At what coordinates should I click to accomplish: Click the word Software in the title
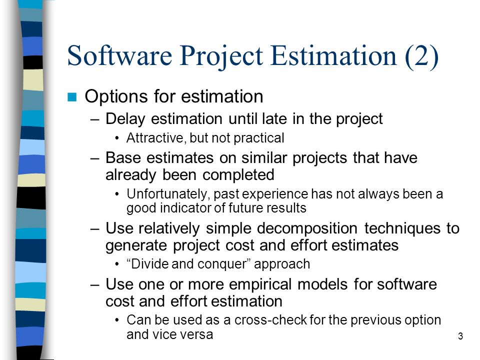[x=119, y=55]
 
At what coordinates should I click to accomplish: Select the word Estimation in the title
[x=333, y=55]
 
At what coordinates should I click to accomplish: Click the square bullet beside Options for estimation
[x=72, y=96]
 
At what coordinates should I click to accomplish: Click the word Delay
[x=125, y=119]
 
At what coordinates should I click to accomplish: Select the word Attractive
[x=155, y=138]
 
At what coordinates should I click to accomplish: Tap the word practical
[x=259, y=138]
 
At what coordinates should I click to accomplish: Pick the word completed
[x=238, y=175]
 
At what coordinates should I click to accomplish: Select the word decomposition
[x=307, y=229]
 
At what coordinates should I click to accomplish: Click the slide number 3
[x=460, y=336]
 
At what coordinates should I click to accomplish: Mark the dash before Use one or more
[x=95, y=285]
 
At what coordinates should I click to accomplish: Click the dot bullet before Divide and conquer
[x=116, y=264]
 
